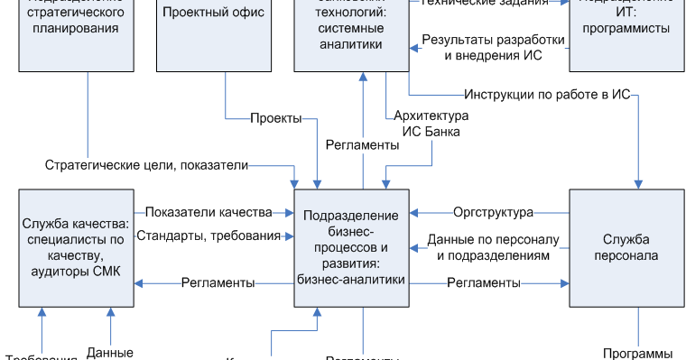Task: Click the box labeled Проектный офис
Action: coord(214,36)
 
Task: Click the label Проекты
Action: coord(275,119)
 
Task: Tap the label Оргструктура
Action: coord(494,212)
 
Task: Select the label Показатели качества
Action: coord(208,212)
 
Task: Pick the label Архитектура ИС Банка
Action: coord(431,125)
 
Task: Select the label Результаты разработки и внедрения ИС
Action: coord(494,48)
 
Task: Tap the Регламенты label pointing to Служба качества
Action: coord(218,282)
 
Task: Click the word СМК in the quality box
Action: coord(111,272)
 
